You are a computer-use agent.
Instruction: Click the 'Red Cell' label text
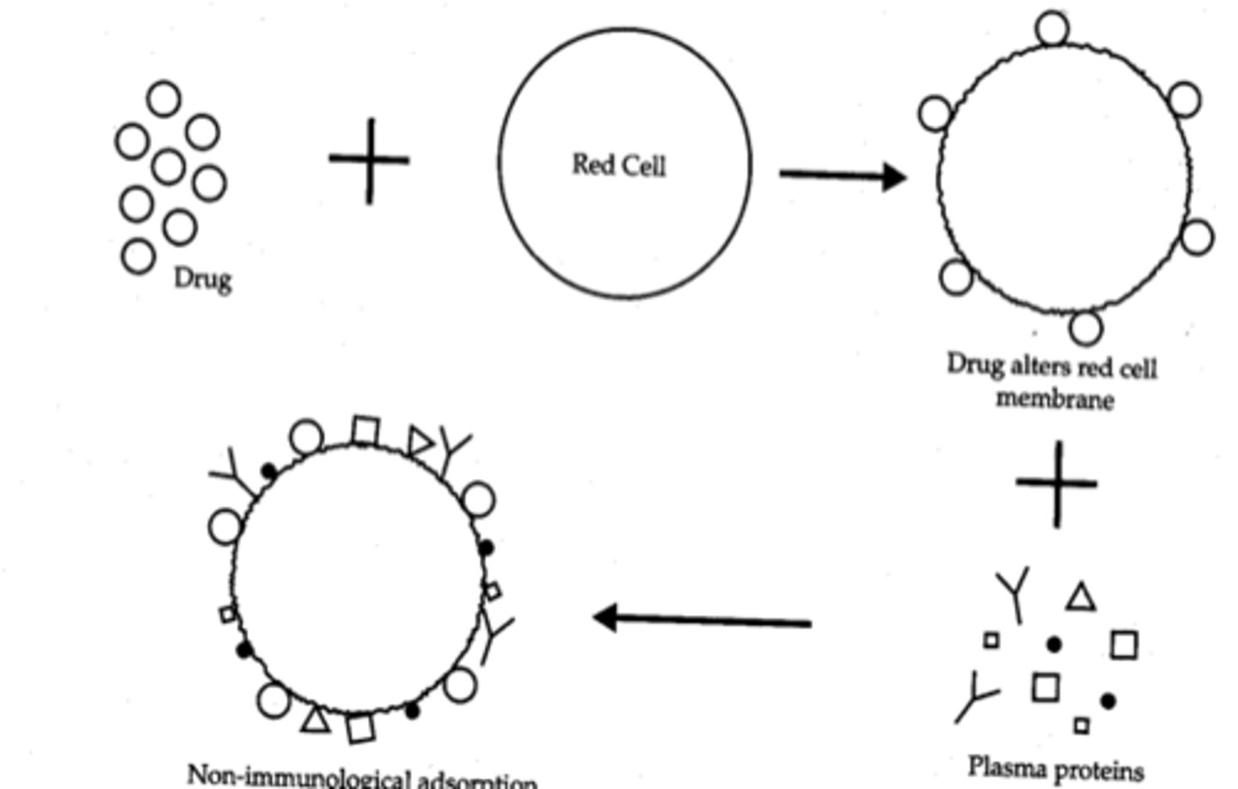(619, 164)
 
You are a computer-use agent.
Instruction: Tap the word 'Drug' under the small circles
(203, 278)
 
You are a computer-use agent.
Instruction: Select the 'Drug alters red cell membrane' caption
(1052, 382)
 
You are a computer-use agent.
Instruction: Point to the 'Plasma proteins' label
(1056, 768)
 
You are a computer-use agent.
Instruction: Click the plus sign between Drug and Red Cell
(370, 161)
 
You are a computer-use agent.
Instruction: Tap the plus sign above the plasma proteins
(1057, 483)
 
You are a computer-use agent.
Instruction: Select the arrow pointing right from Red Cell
(843, 176)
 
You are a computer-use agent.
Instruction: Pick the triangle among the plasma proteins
(1081, 597)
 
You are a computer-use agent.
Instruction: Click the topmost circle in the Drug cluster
(164, 98)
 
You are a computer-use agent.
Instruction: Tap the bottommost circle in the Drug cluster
(138, 256)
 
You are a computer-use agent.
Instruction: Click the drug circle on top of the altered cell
(1052, 28)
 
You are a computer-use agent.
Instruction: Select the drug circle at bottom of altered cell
(1086, 327)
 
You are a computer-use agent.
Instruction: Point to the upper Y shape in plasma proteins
(1014, 593)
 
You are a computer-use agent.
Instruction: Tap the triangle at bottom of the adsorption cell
(316, 719)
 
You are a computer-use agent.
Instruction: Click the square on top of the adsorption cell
(365, 431)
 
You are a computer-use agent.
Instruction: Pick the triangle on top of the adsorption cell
(420, 442)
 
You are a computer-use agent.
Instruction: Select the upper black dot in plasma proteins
(1053, 644)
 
